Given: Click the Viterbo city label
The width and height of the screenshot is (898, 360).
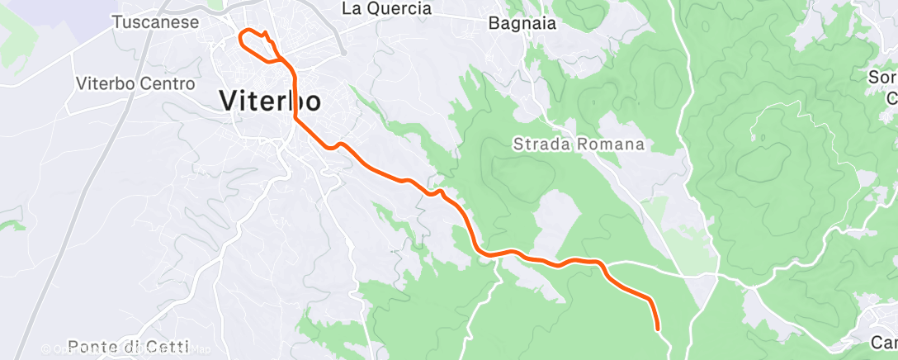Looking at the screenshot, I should (x=270, y=101).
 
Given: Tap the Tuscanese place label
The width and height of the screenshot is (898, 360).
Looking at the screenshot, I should (x=155, y=22).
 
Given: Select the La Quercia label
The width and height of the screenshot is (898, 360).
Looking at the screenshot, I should (x=386, y=8).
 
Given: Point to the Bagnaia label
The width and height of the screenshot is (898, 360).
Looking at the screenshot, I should (x=522, y=23).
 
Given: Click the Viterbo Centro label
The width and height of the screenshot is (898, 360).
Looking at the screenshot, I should (x=135, y=83).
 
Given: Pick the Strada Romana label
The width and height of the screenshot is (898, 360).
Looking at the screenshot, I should (x=578, y=144).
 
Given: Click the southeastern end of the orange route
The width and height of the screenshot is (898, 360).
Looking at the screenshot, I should (x=658, y=329).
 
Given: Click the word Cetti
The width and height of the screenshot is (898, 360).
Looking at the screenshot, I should (x=168, y=347).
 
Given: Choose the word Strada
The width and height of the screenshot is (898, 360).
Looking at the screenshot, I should (x=540, y=144).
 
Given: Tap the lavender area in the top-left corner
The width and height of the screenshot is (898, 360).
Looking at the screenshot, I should (x=50, y=12).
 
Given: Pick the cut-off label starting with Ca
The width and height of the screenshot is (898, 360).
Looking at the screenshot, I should (x=885, y=342).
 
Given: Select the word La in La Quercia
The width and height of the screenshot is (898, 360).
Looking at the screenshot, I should (x=352, y=8).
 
